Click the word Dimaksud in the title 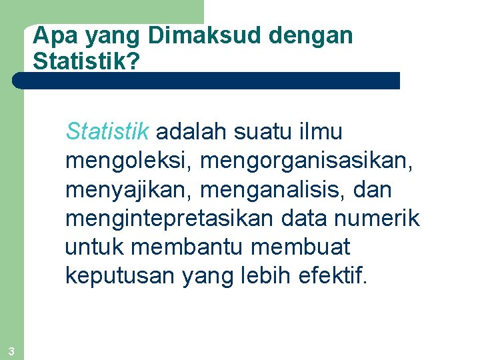click(199, 36)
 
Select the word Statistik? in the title click(86, 61)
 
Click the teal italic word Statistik click(107, 132)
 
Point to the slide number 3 click(11, 351)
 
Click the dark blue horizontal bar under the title click(206, 81)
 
